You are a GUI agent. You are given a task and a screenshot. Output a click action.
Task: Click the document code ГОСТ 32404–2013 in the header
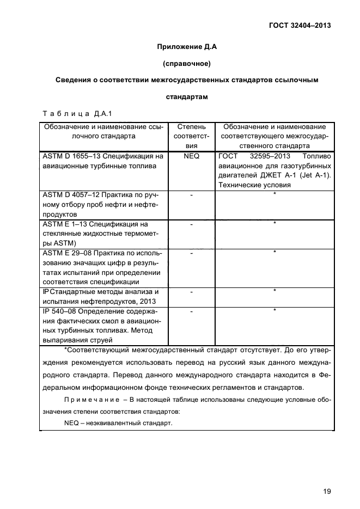pyautogui.click(x=300, y=25)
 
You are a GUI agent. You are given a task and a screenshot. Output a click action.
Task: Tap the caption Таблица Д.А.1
pyautogui.click(x=77, y=114)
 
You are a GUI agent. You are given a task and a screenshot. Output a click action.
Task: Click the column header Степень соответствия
pyautogui.click(x=191, y=136)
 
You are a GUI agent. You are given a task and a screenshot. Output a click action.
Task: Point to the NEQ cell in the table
pyautogui.click(x=192, y=156)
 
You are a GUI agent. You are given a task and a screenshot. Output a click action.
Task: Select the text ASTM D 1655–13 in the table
pyautogui.click(x=71, y=156)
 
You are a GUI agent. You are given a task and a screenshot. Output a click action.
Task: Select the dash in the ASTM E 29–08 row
pyautogui.click(x=192, y=253)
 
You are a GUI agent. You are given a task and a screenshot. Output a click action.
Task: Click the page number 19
pyautogui.click(x=326, y=491)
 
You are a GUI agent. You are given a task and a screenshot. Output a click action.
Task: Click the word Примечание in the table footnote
pyautogui.click(x=87, y=400)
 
